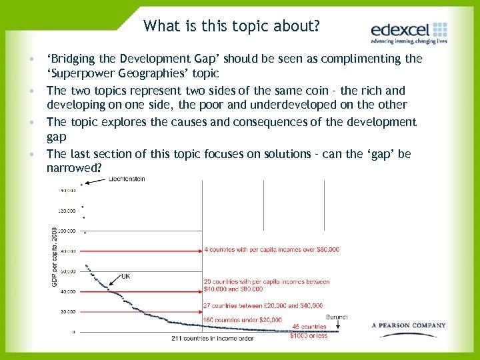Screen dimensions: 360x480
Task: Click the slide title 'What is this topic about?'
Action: click(231, 26)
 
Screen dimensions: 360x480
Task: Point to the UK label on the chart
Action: click(125, 276)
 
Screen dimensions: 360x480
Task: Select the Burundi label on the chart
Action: click(337, 317)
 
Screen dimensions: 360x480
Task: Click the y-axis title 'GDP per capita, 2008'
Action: click(55, 257)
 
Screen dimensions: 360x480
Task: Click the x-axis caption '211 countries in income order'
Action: click(212, 338)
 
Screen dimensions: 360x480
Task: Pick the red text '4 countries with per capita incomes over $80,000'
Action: click(271, 249)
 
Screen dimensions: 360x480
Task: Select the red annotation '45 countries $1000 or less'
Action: click(309, 331)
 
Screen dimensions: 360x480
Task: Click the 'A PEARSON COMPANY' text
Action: click(408, 325)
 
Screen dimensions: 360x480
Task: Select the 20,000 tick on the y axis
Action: click(67, 311)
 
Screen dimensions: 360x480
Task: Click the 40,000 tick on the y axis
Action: click(67, 291)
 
